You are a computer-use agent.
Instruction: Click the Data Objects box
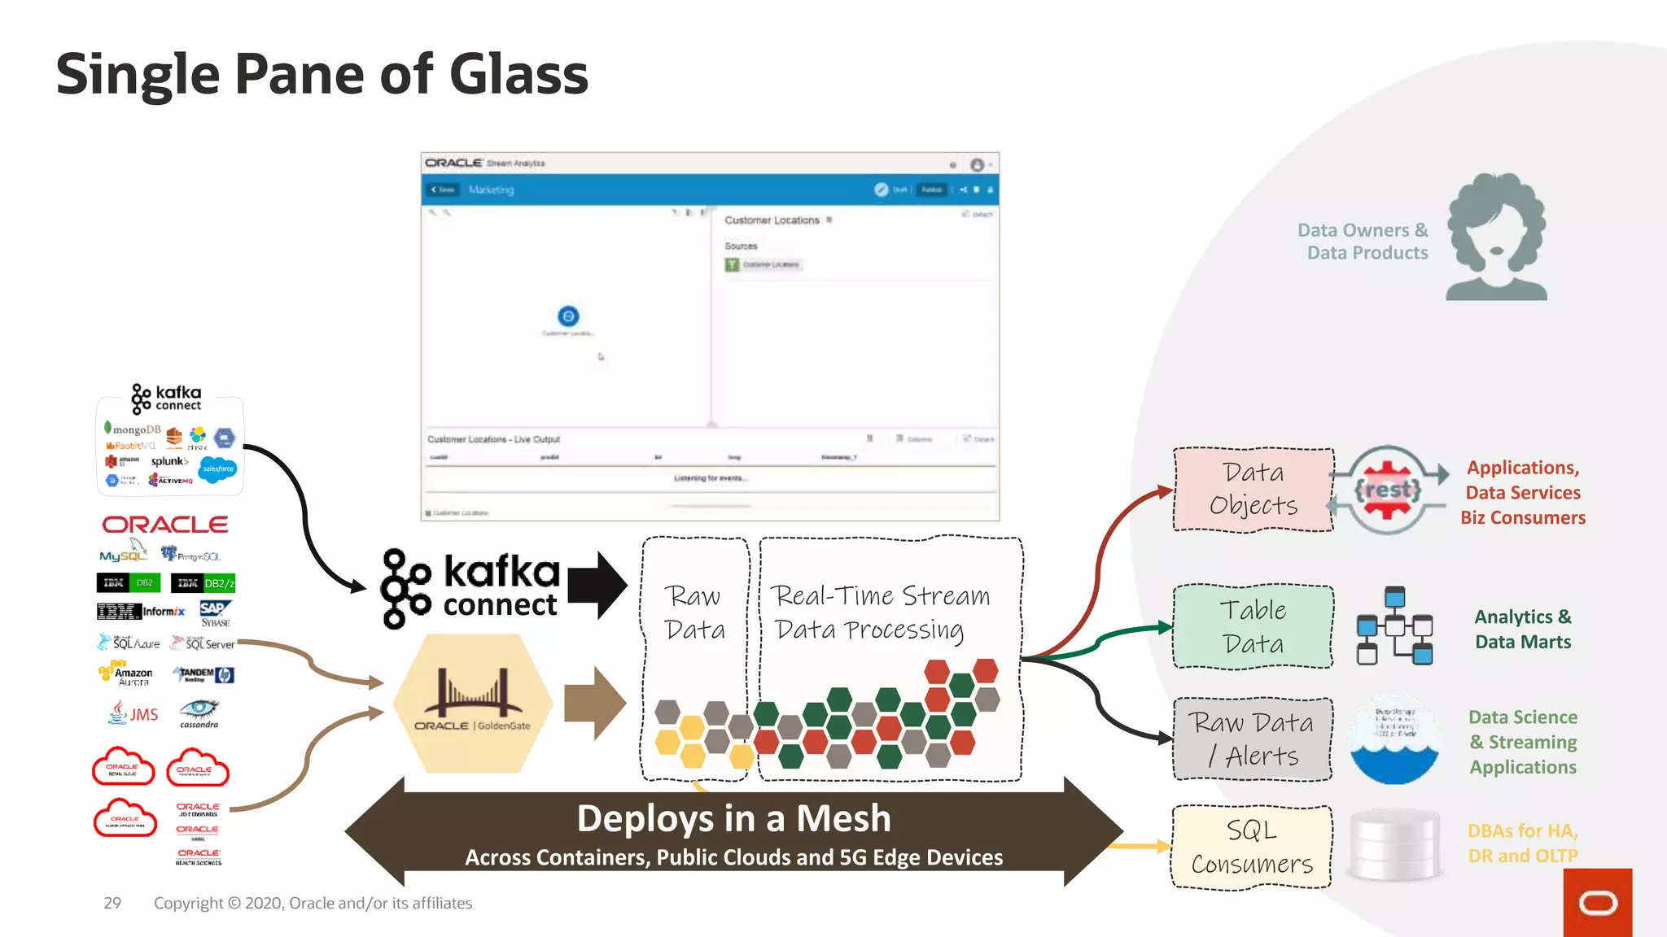(1253, 489)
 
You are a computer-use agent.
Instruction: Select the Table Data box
(1253, 626)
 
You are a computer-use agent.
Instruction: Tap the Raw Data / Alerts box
(1253, 739)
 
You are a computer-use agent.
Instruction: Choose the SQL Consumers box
(1252, 847)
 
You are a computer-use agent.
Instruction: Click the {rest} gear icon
(1388, 490)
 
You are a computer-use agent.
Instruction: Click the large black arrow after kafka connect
(597, 585)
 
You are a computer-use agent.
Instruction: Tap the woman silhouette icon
(1496, 237)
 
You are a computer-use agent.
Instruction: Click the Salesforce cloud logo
(218, 468)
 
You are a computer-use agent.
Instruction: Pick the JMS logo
(134, 713)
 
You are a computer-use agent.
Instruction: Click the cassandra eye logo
(199, 711)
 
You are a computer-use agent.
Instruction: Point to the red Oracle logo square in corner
(1597, 903)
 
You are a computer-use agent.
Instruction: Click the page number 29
(112, 903)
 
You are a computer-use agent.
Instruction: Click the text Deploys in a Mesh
(733, 818)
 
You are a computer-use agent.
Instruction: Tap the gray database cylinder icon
(1394, 845)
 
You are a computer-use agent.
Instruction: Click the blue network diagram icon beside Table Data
(1394, 625)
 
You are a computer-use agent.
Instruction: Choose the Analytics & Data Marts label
(1522, 629)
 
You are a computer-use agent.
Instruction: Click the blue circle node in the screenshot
(568, 316)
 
